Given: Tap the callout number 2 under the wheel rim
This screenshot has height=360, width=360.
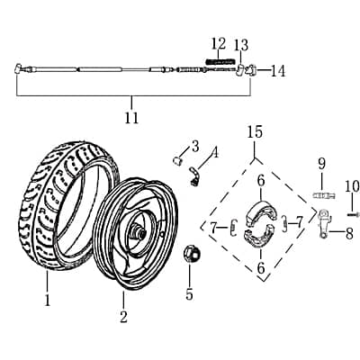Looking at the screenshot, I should coord(123,316).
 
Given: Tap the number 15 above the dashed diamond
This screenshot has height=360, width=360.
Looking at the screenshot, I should coord(255,133).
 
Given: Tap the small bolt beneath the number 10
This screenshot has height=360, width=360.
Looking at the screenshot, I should coord(349,212).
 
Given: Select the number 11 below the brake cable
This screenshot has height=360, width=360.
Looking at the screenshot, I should coord(131,117).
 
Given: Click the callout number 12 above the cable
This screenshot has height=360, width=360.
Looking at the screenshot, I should coord(219,43).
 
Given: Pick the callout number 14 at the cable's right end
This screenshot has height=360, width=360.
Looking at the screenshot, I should coord(277,70).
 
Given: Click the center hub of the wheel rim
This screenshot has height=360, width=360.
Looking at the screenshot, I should coord(139,236).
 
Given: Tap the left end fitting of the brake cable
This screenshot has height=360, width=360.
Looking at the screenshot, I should coord(19,68).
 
